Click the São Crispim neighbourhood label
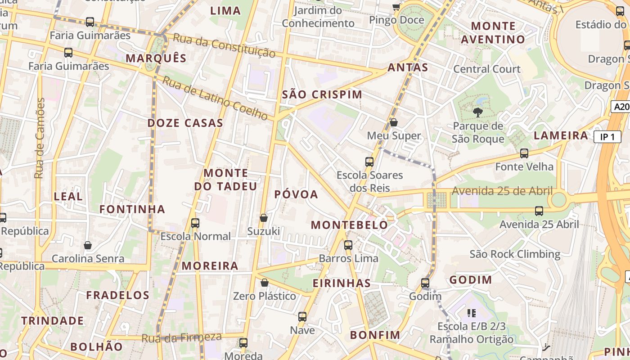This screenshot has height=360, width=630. click(x=322, y=94)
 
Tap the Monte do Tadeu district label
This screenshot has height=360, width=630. click(x=226, y=180)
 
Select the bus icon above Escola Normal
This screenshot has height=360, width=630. click(x=195, y=223)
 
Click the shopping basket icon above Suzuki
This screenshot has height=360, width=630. click(x=264, y=218)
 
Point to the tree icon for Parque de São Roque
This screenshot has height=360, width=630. click(x=477, y=112)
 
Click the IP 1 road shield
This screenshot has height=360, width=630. click(x=607, y=137)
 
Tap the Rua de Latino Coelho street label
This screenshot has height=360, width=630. click(x=215, y=98)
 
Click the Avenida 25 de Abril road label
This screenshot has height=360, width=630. click(x=502, y=191)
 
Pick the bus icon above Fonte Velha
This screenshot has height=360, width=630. click(x=524, y=153)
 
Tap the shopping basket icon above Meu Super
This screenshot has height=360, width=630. click(x=394, y=122)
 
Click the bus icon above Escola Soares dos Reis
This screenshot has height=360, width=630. click(x=369, y=162)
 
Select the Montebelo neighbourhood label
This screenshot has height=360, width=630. click(x=349, y=225)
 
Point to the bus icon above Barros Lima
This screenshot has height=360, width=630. click(x=348, y=245)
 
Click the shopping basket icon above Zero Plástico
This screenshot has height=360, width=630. click(x=265, y=283)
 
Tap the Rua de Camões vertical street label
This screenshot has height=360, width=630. click(x=40, y=138)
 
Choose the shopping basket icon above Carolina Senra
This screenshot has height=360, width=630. click(x=88, y=245)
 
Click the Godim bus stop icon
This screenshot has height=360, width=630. click(x=425, y=283)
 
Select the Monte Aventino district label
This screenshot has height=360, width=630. click(x=493, y=33)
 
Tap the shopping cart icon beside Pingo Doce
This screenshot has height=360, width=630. click(x=396, y=7)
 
